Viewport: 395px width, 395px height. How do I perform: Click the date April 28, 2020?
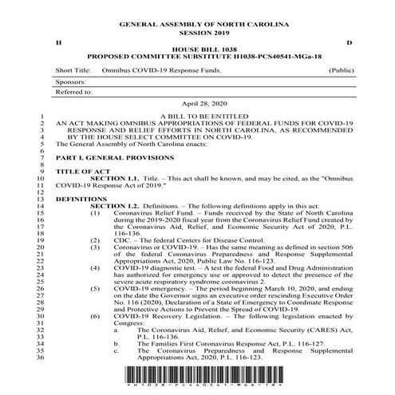coord(197,105)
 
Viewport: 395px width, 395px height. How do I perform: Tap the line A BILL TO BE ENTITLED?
coord(196,117)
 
